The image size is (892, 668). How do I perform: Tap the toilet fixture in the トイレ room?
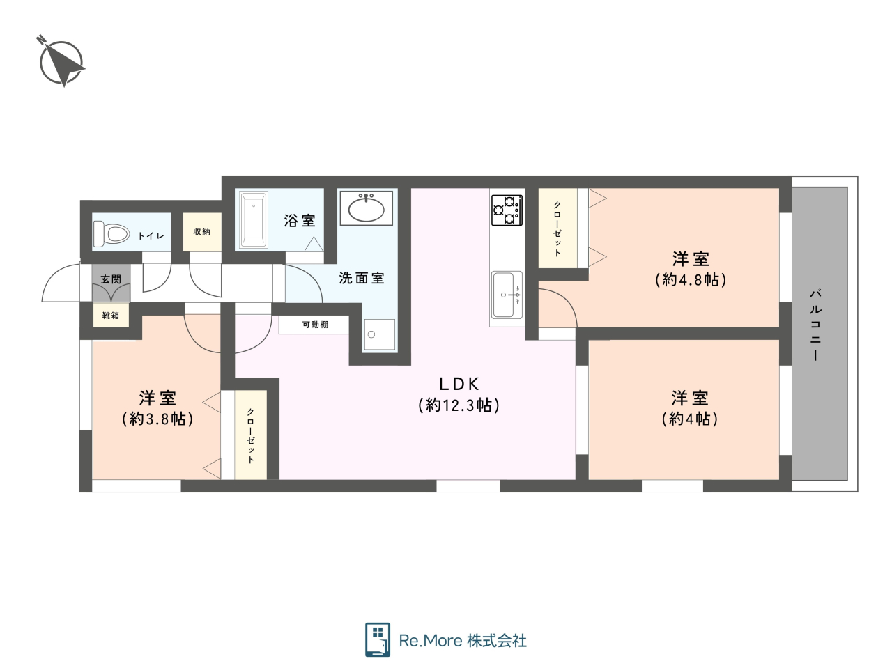click(111, 233)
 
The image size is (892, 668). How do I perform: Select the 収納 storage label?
click(201, 231)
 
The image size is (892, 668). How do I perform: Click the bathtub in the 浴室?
click(254, 219)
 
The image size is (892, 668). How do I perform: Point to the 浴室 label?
click(300, 221)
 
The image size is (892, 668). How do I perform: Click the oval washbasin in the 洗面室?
click(366, 208)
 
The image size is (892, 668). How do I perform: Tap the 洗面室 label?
click(362, 278)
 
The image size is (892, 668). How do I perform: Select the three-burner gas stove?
click(507, 210)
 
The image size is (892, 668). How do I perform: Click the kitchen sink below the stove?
click(507, 295)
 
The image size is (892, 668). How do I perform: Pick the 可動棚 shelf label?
click(315, 325)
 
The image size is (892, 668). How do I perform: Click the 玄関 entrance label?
click(111, 279)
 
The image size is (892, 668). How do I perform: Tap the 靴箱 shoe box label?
click(111, 315)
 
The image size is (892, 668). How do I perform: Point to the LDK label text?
click(459, 383)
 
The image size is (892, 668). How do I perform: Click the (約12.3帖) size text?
click(459, 405)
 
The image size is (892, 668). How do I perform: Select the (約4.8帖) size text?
click(691, 280)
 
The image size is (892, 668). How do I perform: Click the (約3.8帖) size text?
click(157, 419)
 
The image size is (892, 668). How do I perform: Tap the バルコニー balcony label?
click(815, 325)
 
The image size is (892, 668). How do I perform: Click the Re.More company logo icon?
click(378, 639)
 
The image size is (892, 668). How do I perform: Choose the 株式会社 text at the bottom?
click(497, 641)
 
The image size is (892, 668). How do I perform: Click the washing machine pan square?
click(380, 334)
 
